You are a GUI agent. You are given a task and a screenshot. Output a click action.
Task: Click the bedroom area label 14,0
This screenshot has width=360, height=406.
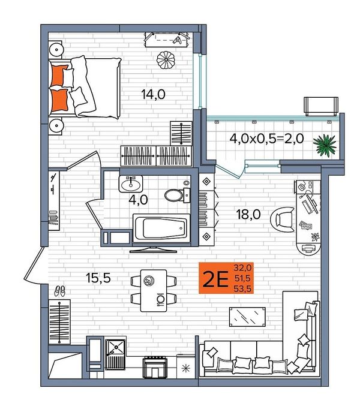click(154, 95)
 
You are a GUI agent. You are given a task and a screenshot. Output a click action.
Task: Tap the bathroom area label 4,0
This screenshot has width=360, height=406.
click(138, 200)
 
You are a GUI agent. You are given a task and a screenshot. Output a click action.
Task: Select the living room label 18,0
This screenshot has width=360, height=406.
click(248, 214)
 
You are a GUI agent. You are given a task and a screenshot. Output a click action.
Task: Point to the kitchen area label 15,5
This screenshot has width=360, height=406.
click(98, 278)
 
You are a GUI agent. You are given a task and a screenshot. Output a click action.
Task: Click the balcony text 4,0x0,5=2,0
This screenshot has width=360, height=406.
click(266, 139)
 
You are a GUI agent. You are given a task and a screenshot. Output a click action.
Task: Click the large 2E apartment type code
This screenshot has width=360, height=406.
click(215, 279)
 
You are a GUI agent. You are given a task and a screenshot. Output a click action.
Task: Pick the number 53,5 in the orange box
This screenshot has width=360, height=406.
click(242, 288)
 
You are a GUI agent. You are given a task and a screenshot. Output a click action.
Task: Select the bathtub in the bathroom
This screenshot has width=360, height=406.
click(161, 228)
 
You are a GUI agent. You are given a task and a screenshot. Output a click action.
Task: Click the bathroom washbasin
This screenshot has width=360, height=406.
click(131, 184)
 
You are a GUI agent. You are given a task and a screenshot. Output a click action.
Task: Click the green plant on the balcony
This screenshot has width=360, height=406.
click(325, 145)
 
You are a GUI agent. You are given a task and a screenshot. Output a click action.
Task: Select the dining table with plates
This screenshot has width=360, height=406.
click(154, 290)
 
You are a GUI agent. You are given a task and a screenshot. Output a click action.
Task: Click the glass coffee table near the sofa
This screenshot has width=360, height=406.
click(247, 317)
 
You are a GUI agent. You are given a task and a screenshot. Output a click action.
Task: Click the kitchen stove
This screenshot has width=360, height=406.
click(155, 367)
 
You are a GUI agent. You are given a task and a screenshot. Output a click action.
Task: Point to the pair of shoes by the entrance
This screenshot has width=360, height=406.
click(59, 291)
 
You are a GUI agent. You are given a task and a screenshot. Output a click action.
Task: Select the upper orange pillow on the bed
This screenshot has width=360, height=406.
click(59, 76)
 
